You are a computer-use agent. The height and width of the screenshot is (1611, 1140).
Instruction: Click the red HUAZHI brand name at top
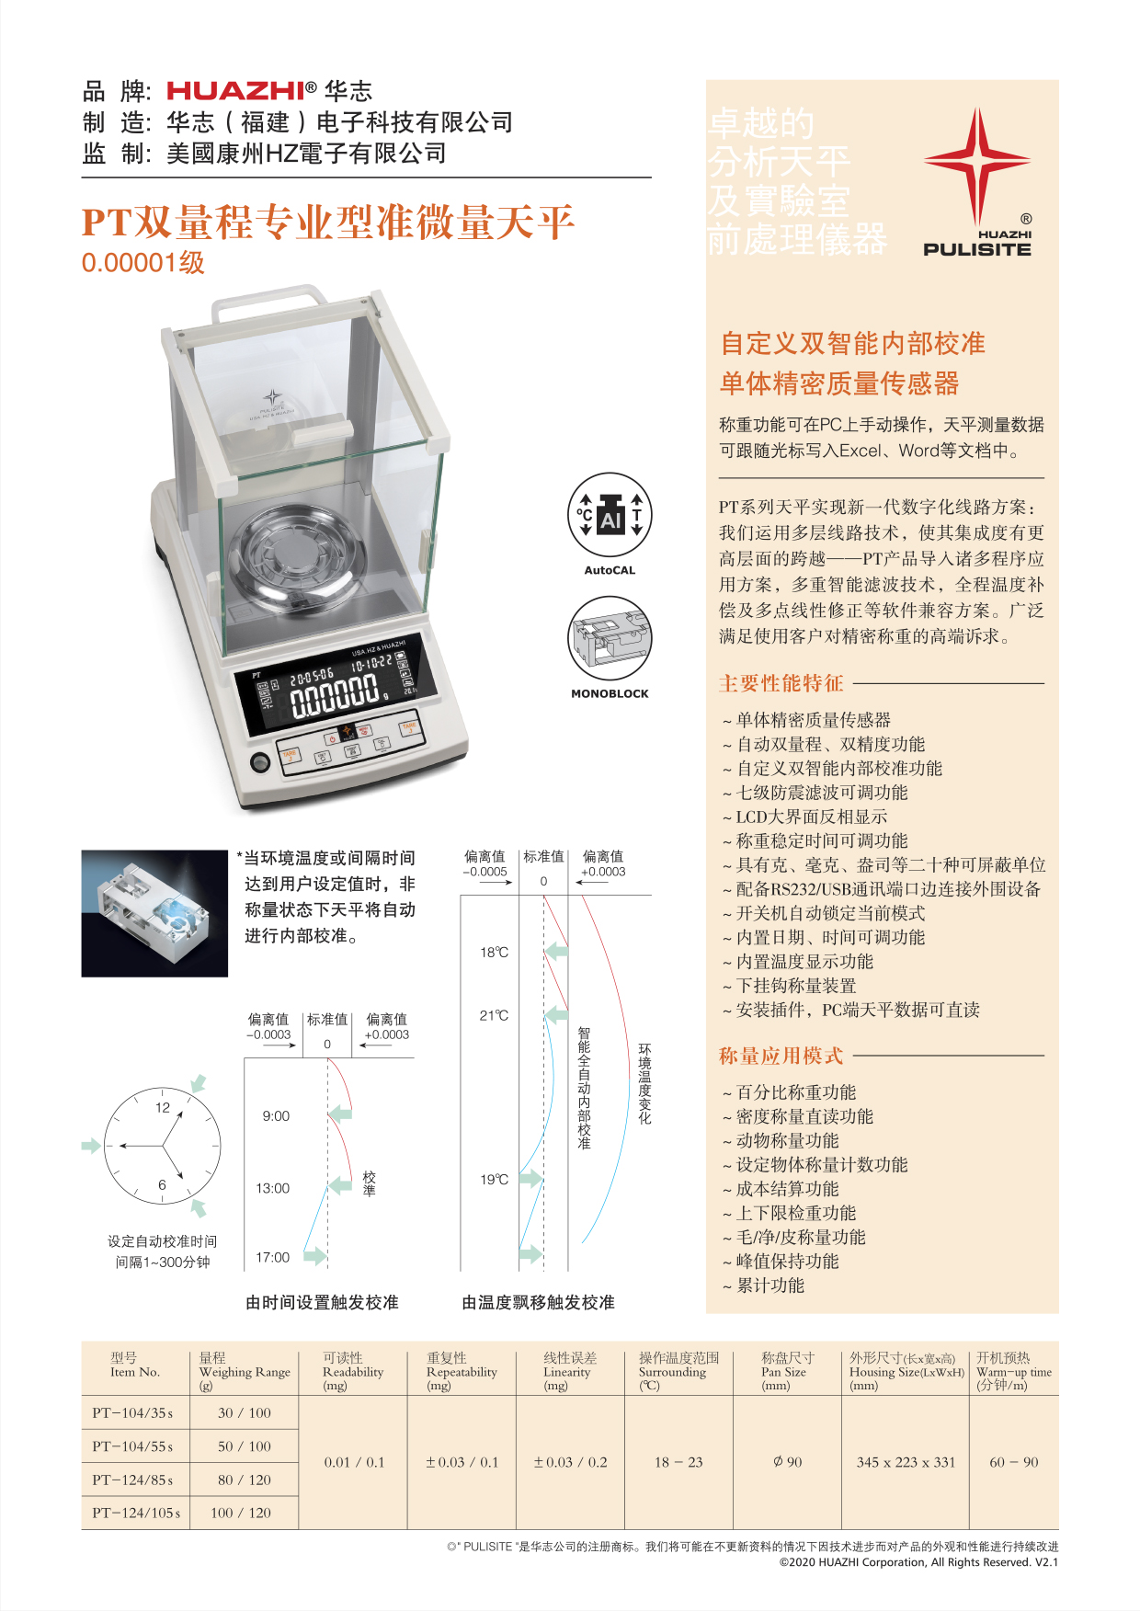[235, 90]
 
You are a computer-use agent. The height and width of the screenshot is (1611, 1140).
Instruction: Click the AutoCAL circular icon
[610, 516]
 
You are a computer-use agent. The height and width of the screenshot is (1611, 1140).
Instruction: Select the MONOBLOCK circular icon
[610, 639]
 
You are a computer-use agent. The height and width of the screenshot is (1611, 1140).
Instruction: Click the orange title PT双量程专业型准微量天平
[328, 223]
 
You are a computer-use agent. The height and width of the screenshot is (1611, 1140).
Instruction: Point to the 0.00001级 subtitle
[142, 263]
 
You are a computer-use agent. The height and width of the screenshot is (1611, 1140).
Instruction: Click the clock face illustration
[163, 1146]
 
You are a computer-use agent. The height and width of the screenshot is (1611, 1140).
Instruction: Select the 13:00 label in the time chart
[272, 1188]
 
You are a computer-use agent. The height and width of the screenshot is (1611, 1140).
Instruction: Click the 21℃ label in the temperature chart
[494, 1015]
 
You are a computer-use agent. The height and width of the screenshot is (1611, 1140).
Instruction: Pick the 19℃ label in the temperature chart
[494, 1179]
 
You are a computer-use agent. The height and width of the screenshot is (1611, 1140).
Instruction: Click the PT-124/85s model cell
[133, 1480]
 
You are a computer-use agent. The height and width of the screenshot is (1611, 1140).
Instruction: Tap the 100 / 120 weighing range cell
[244, 1513]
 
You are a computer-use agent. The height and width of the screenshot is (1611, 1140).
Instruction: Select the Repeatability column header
[462, 1371]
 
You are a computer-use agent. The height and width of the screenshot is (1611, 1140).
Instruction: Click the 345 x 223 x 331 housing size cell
[906, 1462]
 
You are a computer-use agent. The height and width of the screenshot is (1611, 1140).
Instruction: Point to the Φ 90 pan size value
[787, 1462]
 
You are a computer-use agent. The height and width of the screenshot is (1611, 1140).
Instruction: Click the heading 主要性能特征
[781, 683]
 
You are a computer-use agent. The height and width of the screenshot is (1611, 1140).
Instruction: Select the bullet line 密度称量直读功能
[804, 1116]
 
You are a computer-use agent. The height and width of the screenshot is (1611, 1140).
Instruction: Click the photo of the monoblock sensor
[154, 913]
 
